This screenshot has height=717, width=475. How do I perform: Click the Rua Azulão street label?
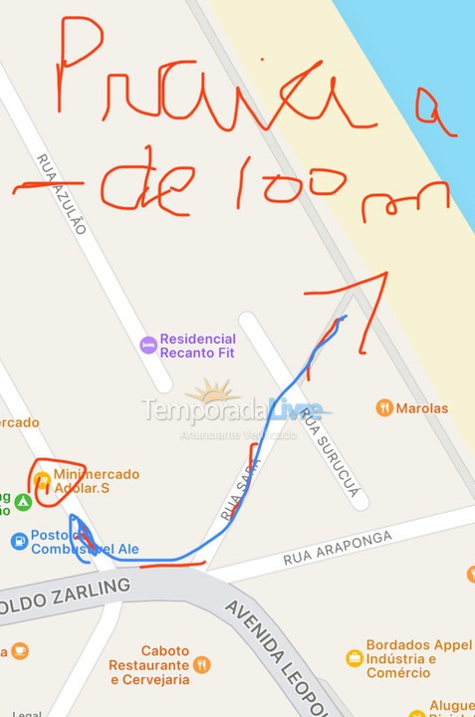[62, 193]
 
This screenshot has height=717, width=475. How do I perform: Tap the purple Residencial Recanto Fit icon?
[147, 346]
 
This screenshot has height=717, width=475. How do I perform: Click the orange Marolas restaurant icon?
[384, 407]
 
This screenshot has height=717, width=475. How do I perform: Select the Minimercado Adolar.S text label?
[97, 482]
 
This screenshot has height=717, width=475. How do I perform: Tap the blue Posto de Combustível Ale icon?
[19, 541]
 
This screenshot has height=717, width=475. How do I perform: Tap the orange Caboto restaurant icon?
[202, 664]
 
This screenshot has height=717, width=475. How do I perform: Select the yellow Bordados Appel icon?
[355, 658]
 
